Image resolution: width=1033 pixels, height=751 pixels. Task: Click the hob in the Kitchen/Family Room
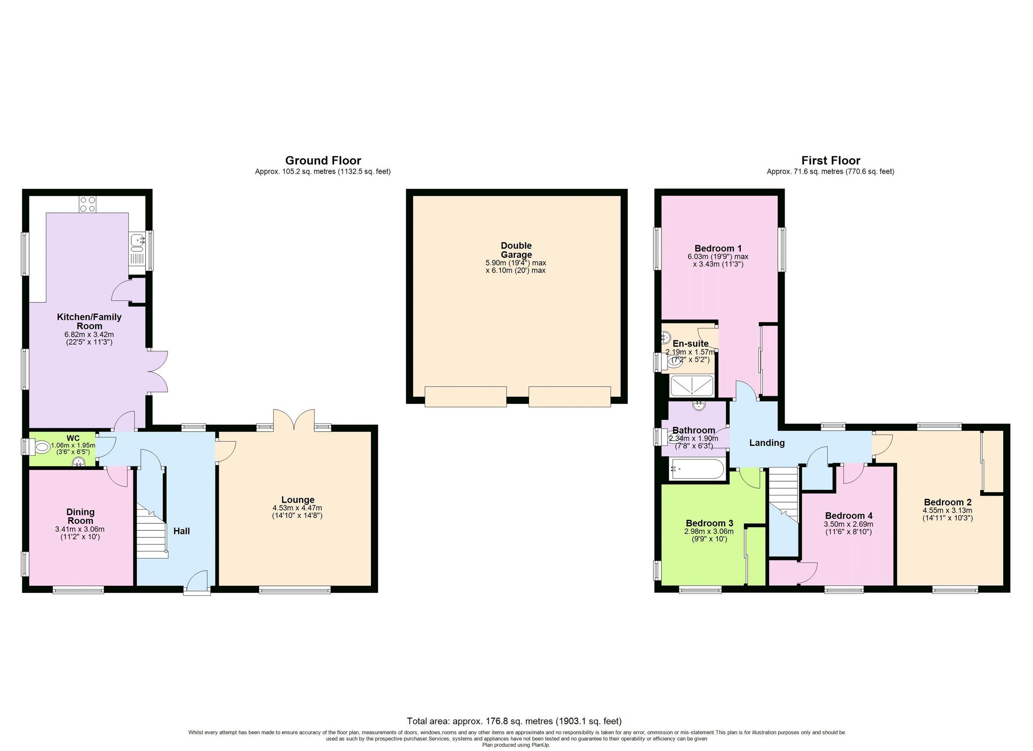[87, 204]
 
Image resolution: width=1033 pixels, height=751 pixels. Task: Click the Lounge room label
[297, 500]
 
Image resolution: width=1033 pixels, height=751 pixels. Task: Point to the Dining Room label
[80, 516]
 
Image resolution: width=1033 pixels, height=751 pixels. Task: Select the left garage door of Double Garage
[465, 396]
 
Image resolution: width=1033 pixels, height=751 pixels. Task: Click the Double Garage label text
[516, 250]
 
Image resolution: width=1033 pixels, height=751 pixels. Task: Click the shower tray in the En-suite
[692, 386]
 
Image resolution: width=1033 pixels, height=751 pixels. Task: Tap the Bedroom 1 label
[718, 248]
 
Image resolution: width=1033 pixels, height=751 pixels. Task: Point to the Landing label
[767, 443]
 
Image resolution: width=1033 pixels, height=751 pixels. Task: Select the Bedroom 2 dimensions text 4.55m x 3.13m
[947, 510]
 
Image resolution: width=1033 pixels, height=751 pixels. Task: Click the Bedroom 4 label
[848, 516]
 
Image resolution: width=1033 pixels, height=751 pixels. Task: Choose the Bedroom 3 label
[709, 523]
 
